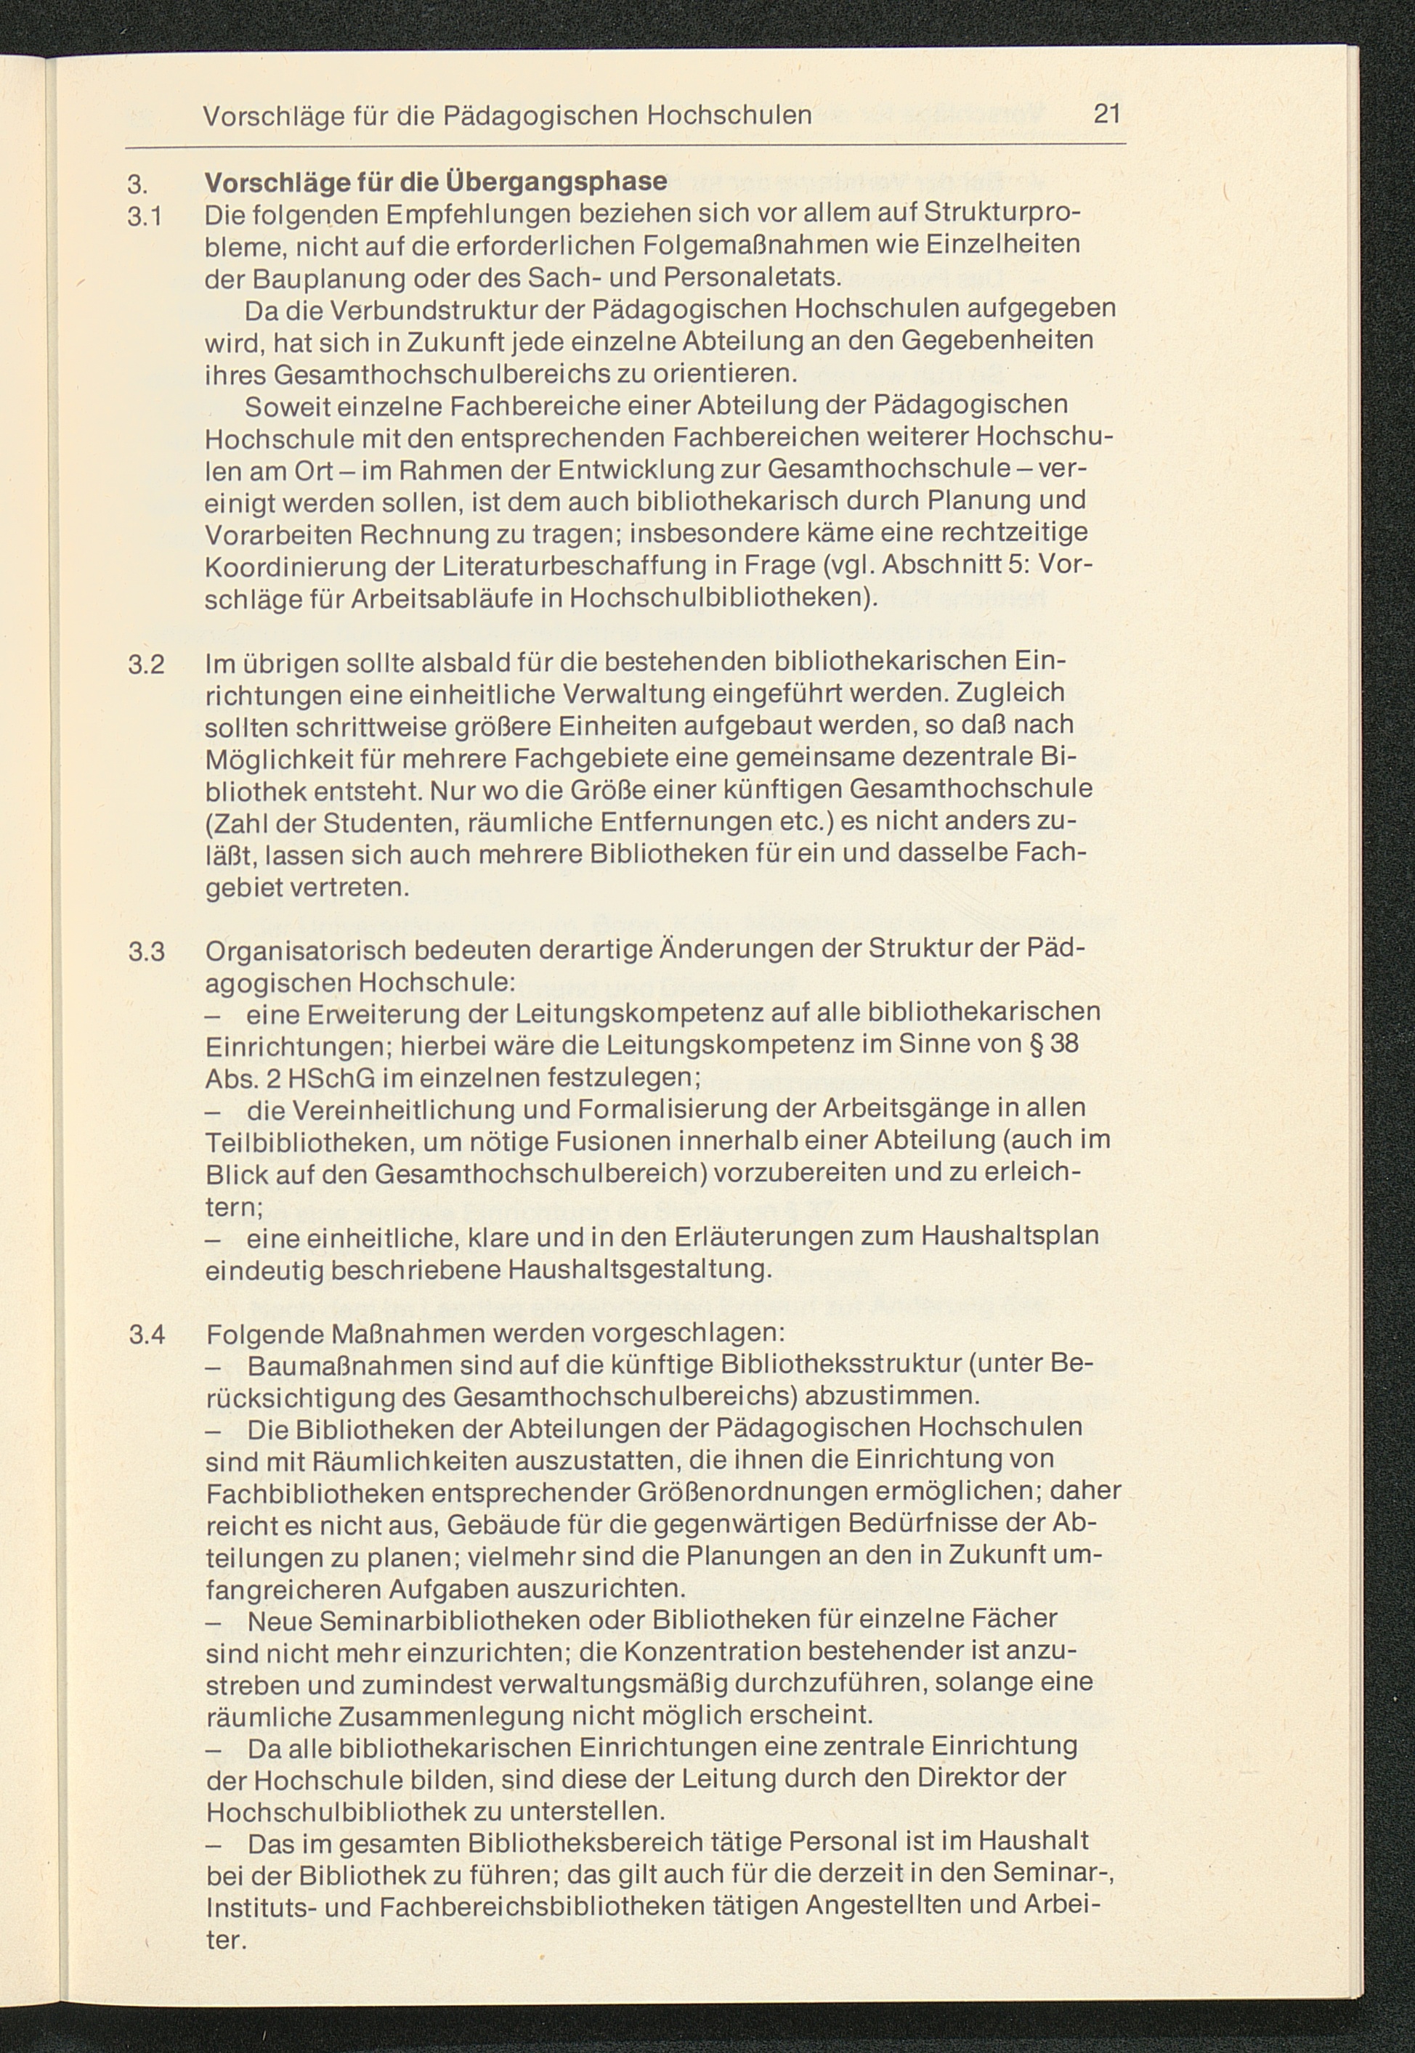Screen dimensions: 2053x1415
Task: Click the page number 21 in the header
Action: tap(1107, 114)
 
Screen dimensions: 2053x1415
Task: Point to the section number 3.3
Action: tap(146, 952)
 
